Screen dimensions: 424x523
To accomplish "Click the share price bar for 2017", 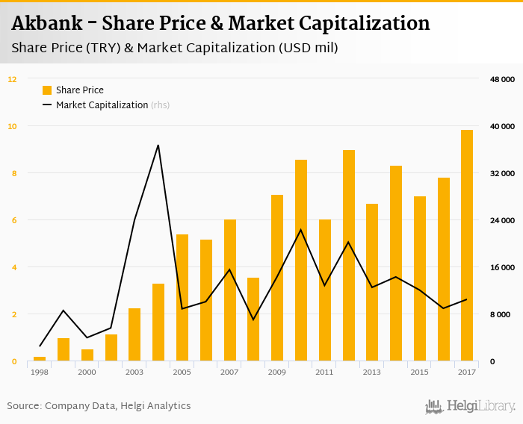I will pos(467,246).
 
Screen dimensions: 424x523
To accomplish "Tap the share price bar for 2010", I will pos(301,261).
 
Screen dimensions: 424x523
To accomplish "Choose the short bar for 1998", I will pos(40,359).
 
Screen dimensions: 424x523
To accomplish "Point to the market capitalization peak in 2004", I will pos(158,145).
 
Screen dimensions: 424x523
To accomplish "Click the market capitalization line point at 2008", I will pos(253,319).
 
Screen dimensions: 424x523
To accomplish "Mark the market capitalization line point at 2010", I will pos(301,230).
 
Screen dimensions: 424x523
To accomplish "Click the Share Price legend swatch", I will pos(47,90).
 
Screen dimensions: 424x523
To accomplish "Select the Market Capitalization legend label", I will pos(102,105).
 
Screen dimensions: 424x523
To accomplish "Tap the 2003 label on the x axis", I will pos(134,372).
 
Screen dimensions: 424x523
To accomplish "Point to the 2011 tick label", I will pos(324,372).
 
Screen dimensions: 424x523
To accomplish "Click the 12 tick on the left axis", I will pos(12,79).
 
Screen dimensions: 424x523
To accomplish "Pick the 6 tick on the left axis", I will pos(13,220).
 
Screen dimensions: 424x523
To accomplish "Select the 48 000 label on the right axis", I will pos(503,79).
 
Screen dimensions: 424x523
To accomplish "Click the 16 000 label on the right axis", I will pos(503,267).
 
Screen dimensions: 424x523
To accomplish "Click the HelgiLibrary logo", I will pos(471,406).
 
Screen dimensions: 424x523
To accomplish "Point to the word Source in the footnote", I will pos(23,406).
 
